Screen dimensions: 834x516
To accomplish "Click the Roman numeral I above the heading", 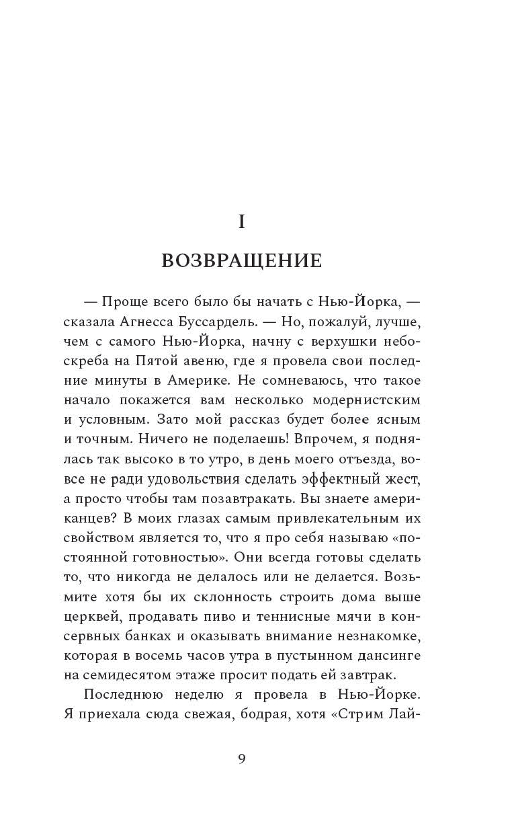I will (x=242, y=223).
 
